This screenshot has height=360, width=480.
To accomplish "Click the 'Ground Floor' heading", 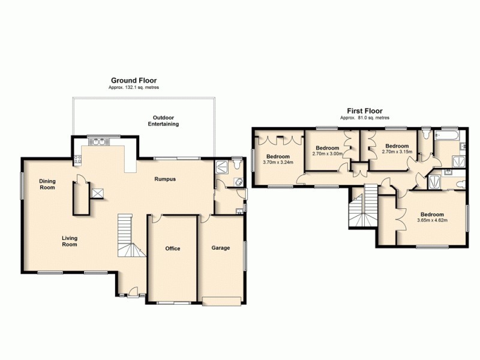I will tap(134, 80).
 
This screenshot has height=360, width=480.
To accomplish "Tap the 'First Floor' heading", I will tap(364, 111).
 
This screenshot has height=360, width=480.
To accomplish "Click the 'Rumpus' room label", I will tap(165, 179).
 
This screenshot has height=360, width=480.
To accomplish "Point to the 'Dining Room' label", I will tap(47, 184).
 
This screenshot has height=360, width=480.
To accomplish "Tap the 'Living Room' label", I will tap(70, 241).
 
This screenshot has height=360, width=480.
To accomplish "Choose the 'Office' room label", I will tap(173, 248).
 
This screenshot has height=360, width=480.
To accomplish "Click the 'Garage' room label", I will tap(221, 247).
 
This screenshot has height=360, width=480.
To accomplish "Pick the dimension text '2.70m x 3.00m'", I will tap(328, 153).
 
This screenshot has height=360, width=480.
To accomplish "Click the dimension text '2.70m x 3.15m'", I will tap(397, 151).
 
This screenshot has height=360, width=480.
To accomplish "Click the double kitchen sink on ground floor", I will tap(97, 142).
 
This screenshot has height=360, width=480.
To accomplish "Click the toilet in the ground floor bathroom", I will tap(236, 163).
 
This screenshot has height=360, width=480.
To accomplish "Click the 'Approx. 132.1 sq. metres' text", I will tap(134, 88).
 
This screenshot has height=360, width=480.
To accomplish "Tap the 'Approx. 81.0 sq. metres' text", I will tap(364, 118).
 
